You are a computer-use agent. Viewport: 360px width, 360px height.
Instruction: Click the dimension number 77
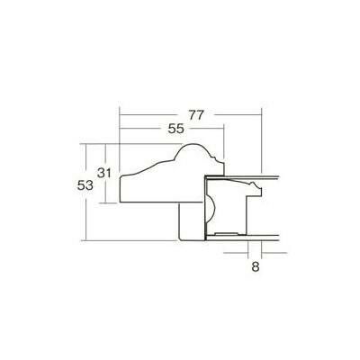pos(196,115)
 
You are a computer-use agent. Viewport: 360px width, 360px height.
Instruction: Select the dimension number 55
pos(175,129)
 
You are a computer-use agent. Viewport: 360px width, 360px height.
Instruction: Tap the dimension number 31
pos(104,173)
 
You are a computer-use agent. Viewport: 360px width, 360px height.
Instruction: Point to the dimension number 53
pos(85,185)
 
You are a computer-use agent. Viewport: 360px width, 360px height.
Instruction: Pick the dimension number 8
pos(256,266)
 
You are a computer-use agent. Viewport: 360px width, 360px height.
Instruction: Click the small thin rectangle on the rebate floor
pos(227,233)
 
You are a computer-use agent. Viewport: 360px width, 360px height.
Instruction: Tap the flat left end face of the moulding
pos(120,190)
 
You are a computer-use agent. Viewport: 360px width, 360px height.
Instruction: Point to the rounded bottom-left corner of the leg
pos(180,238)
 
